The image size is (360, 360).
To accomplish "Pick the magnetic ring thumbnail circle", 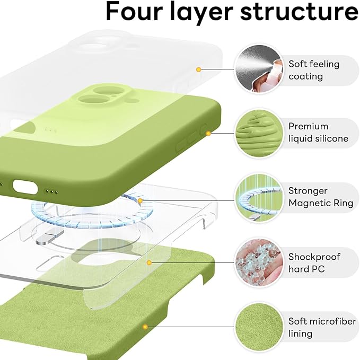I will (258, 198).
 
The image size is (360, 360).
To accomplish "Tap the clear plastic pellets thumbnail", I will (258, 262).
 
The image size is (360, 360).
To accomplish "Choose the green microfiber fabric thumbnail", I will (258, 327).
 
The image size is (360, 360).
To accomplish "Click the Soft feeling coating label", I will (314, 70).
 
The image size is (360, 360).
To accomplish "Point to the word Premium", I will (309, 126).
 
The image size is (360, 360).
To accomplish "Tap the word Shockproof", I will (314, 257).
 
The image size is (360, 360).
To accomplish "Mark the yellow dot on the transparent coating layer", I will (198, 69).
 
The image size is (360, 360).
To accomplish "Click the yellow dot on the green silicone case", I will (208, 133).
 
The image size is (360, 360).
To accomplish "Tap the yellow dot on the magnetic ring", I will (140, 201).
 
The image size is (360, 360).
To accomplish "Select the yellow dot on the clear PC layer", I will (150, 262).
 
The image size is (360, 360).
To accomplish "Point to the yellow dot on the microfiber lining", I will (145, 327).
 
